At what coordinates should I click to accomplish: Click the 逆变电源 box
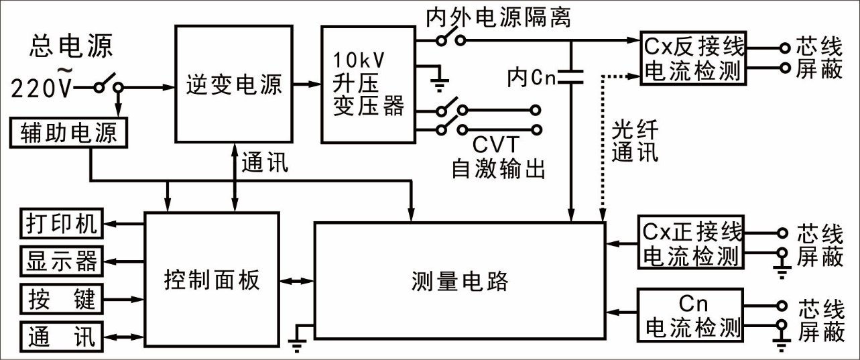pyautogui.click(x=233, y=84)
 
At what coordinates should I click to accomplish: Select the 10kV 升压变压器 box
pyautogui.click(x=368, y=84)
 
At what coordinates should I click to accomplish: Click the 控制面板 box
pyautogui.click(x=211, y=280)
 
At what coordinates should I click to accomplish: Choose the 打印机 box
pyautogui.click(x=61, y=224)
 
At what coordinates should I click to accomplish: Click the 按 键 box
pyautogui.click(x=61, y=298)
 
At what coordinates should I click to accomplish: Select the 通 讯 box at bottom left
pyautogui.click(x=61, y=336)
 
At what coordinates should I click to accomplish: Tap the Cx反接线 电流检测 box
pyautogui.click(x=693, y=58)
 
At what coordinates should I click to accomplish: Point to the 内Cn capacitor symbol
pyautogui.click(x=570, y=78)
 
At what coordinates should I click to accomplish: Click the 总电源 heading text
pyautogui.click(x=71, y=46)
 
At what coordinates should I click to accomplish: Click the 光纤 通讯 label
pyautogui.click(x=635, y=142)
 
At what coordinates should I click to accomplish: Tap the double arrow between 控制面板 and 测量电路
pyautogui.click(x=297, y=280)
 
